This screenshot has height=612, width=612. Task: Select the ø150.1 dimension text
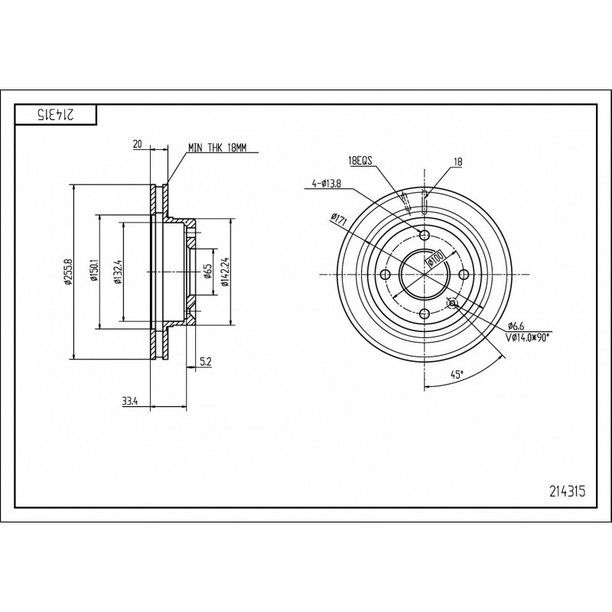pos(93,272)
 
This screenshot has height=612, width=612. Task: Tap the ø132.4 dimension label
pos(118,272)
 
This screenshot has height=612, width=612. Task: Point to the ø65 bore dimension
pos(207,272)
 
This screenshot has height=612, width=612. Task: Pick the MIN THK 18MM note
pos(218,148)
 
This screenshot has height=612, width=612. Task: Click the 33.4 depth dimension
pos(130,401)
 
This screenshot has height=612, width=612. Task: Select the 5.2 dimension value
pos(205,362)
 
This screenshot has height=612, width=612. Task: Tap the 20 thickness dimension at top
pos(138,145)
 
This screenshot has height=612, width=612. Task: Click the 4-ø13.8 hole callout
pos(327,184)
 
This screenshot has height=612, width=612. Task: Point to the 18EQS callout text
pos(361,161)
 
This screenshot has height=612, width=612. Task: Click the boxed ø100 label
pos(435,258)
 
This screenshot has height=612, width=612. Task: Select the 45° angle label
pos(457,375)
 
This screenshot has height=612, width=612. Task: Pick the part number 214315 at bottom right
pos(568,491)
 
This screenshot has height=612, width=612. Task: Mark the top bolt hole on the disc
pos(425,236)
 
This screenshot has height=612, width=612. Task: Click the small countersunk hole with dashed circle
pos(452,303)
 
